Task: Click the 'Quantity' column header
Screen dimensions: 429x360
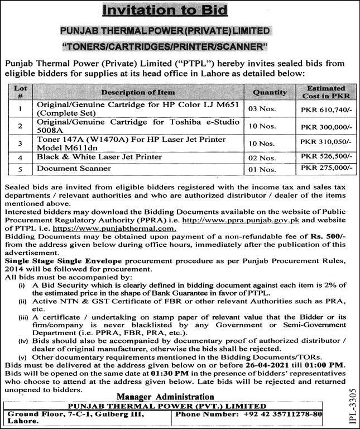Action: (270, 92)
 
